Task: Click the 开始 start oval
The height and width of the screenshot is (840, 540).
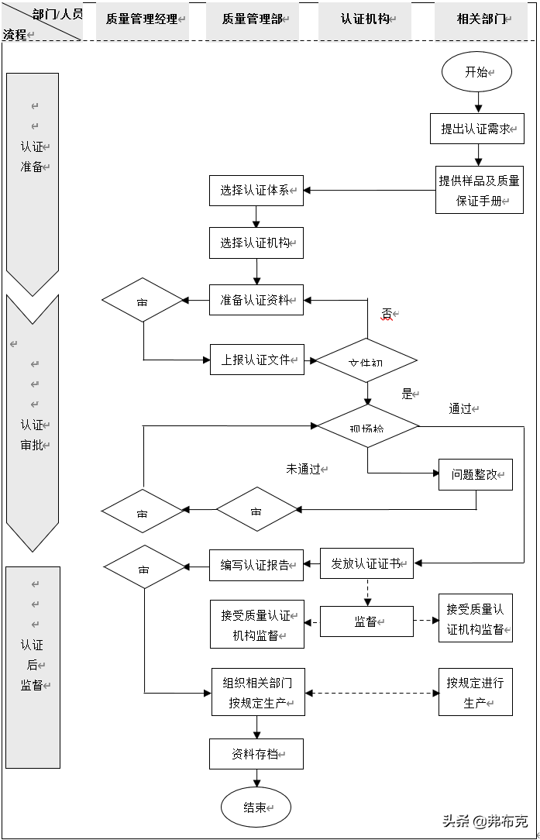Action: [x=476, y=72]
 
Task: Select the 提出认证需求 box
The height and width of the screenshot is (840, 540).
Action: [x=476, y=129]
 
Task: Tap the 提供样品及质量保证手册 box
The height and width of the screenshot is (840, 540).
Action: [x=479, y=190]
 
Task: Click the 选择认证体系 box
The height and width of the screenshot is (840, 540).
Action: [x=256, y=191]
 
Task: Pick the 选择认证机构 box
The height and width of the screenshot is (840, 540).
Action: [x=256, y=243]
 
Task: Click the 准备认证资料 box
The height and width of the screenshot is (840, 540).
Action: [x=256, y=300]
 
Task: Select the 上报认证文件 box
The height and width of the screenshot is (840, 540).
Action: [x=256, y=360]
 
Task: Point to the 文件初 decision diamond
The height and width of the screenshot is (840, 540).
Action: [x=366, y=360]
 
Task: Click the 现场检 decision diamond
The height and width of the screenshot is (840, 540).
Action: [x=367, y=426]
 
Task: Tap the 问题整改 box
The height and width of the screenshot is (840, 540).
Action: [x=475, y=474]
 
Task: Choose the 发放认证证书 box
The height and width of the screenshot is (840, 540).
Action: [x=366, y=563]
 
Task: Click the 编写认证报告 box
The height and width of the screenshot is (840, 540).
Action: [x=256, y=565]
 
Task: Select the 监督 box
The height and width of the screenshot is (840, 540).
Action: [x=366, y=621]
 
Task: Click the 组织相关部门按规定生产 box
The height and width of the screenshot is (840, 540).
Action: [x=258, y=692]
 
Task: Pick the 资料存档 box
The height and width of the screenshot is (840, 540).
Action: [x=256, y=753]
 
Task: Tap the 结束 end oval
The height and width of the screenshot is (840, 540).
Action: [x=256, y=807]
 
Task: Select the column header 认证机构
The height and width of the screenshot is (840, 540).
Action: [x=366, y=19]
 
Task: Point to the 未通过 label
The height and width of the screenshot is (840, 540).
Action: [x=304, y=469]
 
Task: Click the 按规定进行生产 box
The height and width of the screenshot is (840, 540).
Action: [x=475, y=692]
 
